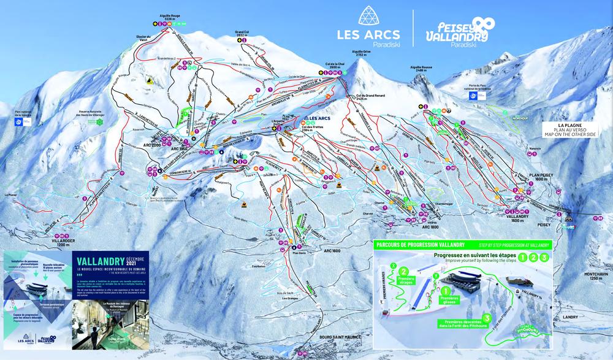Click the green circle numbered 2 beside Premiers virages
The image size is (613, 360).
pyautogui.click(x=403, y=270)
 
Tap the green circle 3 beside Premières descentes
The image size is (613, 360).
pyautogui.click(x=486, y=318)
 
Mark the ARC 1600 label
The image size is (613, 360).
pyautogui.click(x=332, y=250)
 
